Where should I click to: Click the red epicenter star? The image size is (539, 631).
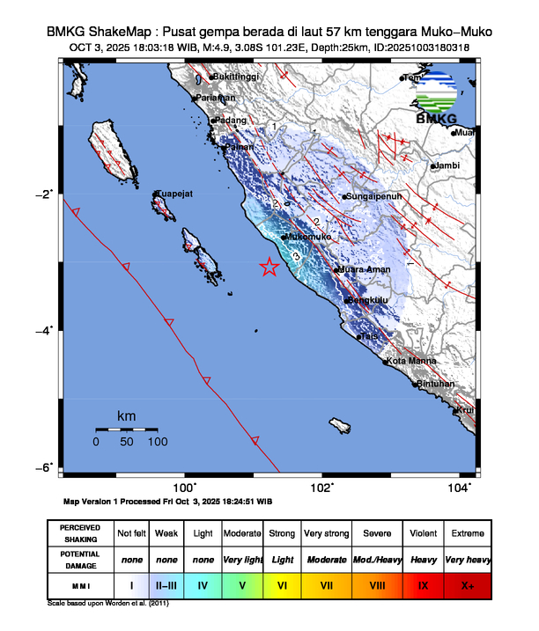(269, 268)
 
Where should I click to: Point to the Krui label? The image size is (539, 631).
(467, 410)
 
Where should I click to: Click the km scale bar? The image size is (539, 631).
(127, 429)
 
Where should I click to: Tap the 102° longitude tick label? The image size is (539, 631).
(321, 488)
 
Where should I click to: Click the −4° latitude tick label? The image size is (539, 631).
(46, 330)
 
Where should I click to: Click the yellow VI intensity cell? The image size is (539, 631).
(283, 584)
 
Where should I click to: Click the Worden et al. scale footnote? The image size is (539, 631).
(107, 604)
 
